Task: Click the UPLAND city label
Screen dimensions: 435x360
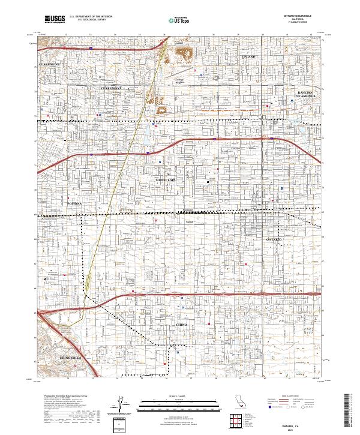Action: point(248,56)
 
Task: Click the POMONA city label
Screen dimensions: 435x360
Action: point(73,204)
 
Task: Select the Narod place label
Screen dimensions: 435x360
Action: point(188,221)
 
